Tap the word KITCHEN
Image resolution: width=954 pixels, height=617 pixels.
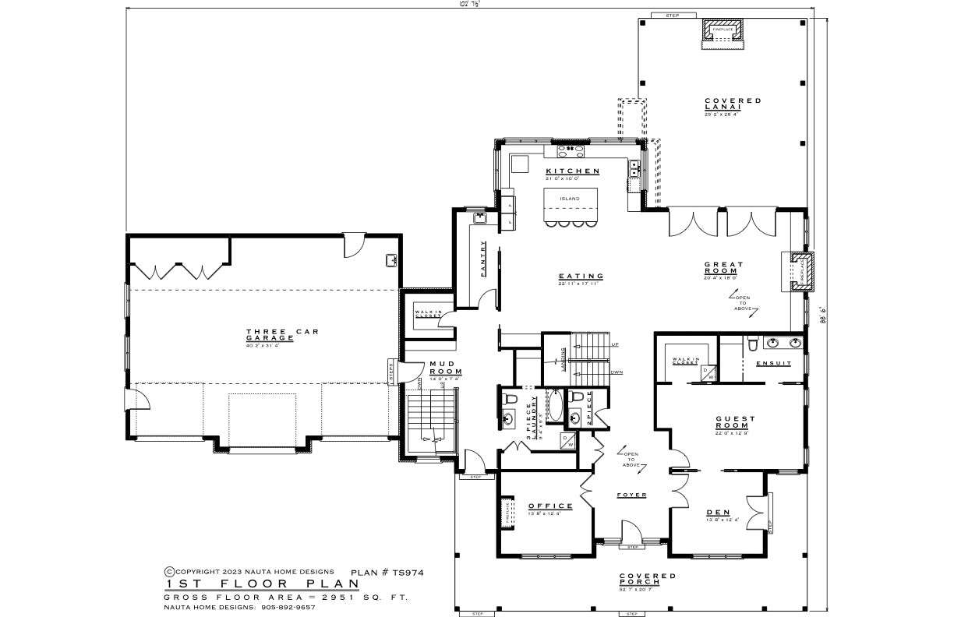[572, 171]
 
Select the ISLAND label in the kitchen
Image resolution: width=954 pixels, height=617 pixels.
[569, 199]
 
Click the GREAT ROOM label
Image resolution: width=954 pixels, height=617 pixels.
[723, 268]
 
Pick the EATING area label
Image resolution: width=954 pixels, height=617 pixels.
[581, 276]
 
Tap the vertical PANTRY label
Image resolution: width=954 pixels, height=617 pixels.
[483, 258]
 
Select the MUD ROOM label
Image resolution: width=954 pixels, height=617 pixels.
[445, 368]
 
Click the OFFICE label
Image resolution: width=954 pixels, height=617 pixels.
[550, 506]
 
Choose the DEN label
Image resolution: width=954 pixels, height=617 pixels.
[718, 513]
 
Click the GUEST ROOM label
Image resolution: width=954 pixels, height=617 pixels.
[734, 422]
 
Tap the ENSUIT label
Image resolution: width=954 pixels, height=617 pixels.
[774, 364]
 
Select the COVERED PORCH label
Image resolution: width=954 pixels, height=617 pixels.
[647, 580]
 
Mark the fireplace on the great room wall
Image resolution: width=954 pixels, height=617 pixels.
[800, 272]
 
